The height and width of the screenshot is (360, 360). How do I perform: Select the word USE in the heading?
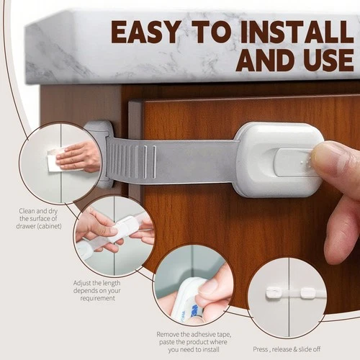point(326,59)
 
